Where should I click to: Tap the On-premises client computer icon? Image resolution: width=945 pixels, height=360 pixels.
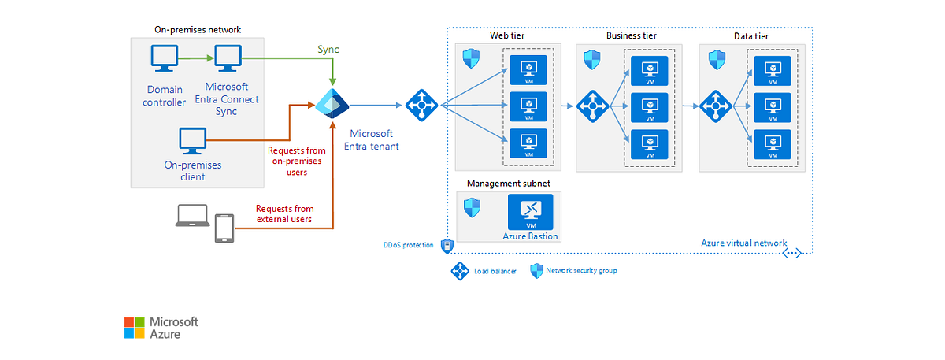pyautogui.click(x=192, y=141)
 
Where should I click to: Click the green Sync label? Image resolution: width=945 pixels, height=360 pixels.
pyautogui.click(x=328, y=50)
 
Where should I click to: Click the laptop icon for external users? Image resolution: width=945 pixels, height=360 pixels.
pyautogui.click(x=191, y=217)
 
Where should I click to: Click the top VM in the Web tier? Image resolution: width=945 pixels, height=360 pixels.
pyautogui.click(x=528, y=69)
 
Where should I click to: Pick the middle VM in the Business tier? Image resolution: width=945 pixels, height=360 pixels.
pyautogui.click(x=650, y=106)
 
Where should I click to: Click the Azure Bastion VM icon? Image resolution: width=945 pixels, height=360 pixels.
pyautogui.click(x=530, y=212)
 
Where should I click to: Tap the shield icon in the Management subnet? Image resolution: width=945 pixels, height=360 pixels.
pyautogui.click(x=472, y=208)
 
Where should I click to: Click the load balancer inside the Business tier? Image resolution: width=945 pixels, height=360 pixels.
pyautogui.click(x=592, y=105)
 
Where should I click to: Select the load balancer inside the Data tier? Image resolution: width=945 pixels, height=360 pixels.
pyautogui.click(x=715, y=105)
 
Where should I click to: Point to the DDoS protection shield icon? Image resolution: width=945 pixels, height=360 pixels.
pyautogui.click(x=447, y=246)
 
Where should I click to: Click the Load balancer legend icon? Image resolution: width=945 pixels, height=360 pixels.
pyautogui.click(x=459, y=271)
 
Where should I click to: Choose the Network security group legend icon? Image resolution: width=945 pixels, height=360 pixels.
pyautogui.click(x=537, y=271)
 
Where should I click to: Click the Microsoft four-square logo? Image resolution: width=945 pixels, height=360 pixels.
pyautogui.click(x=135, y=328)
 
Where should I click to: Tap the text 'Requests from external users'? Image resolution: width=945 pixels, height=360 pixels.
pyautogui.click(x=283, y=213)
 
